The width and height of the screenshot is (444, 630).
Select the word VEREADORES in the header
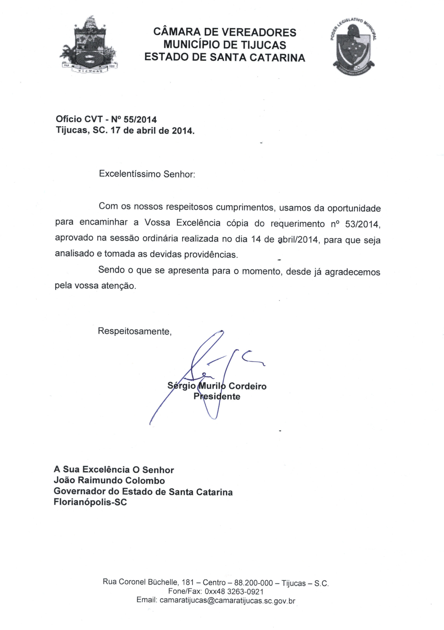259,32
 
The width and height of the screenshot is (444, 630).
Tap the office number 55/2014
140,120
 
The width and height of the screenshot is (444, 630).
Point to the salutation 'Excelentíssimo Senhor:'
147,174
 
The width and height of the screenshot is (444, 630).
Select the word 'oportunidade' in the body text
354,208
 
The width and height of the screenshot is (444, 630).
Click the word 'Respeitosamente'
135,331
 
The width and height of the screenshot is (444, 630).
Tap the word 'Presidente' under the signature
217,396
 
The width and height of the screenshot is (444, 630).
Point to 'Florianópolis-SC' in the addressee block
90,502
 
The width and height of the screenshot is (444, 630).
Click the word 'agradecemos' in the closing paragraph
352,272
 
